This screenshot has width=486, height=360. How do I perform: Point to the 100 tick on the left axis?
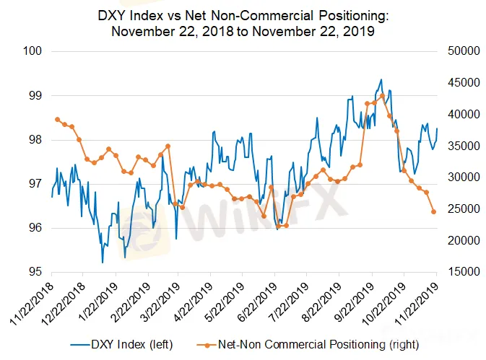coord(35,51)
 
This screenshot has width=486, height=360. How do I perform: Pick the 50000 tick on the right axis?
coord(458,51)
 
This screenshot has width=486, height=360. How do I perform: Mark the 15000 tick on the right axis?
coord(458,273)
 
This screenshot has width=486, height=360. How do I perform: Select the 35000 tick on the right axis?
coord(458,146)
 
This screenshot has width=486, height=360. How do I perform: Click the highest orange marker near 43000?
coord(382,96)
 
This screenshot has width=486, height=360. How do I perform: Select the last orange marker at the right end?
coord(434,211)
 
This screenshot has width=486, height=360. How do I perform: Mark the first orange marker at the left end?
coord(57,119)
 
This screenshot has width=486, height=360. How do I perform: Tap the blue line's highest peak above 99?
coord(381,79)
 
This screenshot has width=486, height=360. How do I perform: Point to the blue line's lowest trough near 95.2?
coord(103,263)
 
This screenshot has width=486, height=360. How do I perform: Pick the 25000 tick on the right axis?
coord(458,209)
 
